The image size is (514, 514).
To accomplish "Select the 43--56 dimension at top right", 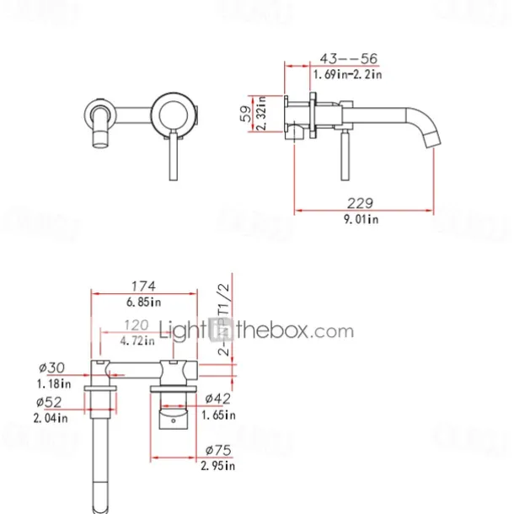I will pyautogui.click(x=347, y=58).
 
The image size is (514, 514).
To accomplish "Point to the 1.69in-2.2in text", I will pyautogui.click(x=347, y=75).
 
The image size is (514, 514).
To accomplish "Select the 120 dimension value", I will pyautogui.click(x=137, y=324).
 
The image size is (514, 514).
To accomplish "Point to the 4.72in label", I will pyautogui.click(x=137, y=340).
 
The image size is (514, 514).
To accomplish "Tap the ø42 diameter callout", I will pyautogui.click(x=217, y=399).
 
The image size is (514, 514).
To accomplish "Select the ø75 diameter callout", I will pyautogui.click(x=217, y=448).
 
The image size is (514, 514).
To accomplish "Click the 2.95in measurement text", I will pyautogui.click(x=217, y=464).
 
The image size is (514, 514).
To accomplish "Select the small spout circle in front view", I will pyautogui.click(x=99, y=113).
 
